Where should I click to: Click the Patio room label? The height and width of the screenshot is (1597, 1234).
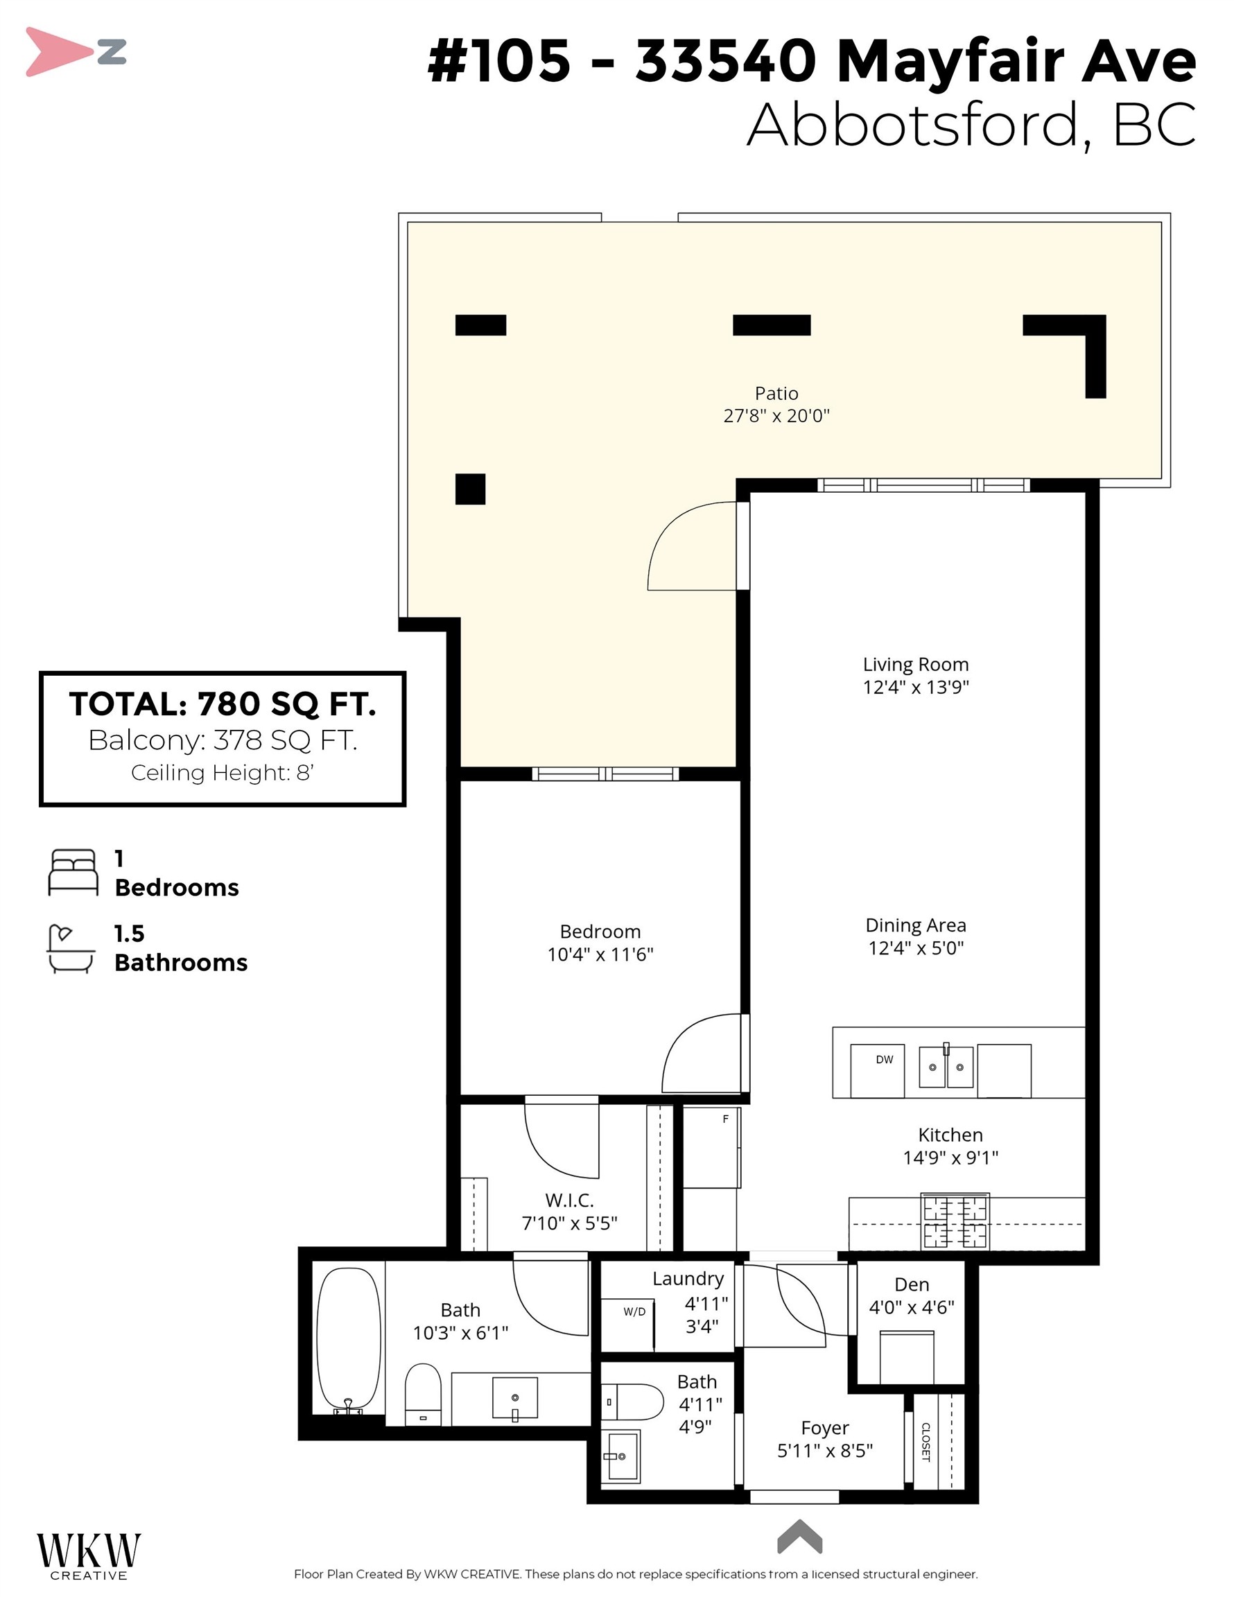pyautogui.click(x=776, y=394)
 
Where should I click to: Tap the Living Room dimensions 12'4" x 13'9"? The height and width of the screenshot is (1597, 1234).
pyautogui.click(x=915, y=688)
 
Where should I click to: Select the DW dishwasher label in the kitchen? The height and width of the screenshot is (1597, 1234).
pyautogui.click(x=885, y=1060)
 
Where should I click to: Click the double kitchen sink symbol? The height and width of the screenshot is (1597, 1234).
pyautogui.click(x=946, y=1067)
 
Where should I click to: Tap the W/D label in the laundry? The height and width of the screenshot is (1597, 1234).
pyautogui.click(x=634, y=1312)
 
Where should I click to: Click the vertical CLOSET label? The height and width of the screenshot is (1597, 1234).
pyautogui.click(x=925, y=1442)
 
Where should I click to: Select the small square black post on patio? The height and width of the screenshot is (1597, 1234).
pyautogui.click(x=470, y=489)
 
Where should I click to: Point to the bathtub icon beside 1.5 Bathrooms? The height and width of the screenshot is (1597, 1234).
pyautogui.click(x=71, y=948)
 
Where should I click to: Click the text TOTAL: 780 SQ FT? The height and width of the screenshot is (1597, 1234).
pyautogui.click(x=223, y=704)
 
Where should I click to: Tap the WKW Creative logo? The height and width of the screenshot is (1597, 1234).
pyautogui.click(x=89, y=1556)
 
